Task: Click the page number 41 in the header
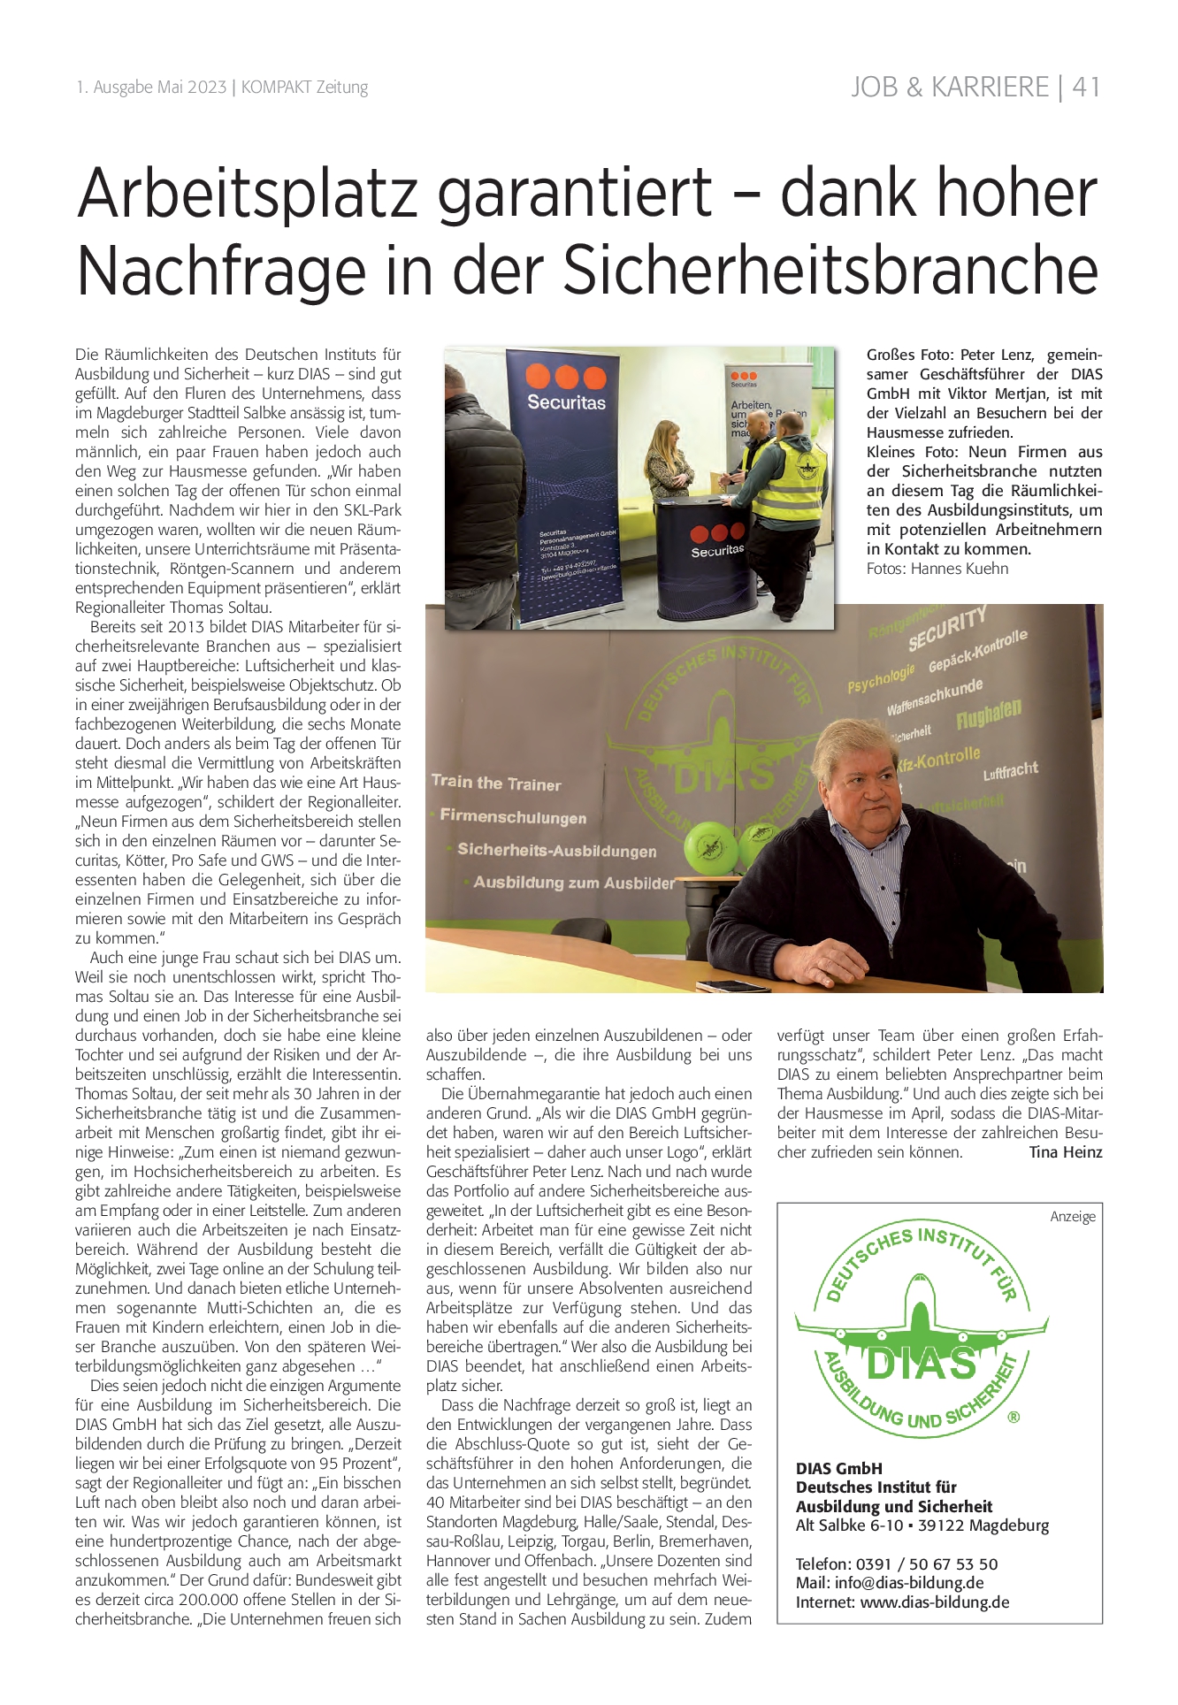1086,87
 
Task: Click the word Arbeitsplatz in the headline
248,193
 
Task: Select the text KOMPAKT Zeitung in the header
304,88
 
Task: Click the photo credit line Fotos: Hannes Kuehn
937,569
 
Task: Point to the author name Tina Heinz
1066,1152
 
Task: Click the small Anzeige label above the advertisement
1072,1217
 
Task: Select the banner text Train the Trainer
496,783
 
